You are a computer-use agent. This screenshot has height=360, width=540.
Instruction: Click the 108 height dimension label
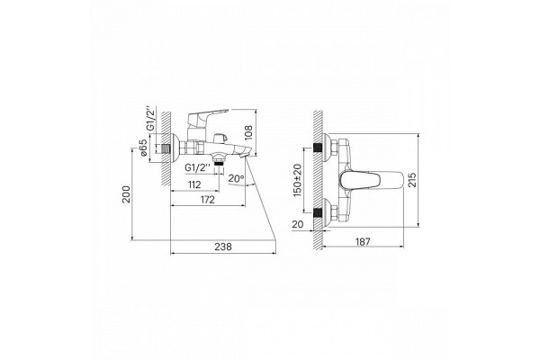coord(248,132)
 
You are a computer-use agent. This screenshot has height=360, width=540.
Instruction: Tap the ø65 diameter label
coord(144,148)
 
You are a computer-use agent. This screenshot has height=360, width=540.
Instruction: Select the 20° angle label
coord(236,178)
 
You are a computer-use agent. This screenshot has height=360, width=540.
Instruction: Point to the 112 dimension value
coord(194,185)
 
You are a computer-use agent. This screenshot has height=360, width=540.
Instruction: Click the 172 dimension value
coord(207,200)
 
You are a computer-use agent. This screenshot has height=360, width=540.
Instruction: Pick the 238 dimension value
coord(223,247)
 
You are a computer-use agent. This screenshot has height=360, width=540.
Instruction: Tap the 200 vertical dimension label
coord(127,194)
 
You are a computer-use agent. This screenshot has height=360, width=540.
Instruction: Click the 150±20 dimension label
coord(297,180)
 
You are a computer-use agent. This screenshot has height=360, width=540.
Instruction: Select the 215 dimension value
coord(412,180)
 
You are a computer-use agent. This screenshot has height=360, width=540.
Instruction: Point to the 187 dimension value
coord(363,242)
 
